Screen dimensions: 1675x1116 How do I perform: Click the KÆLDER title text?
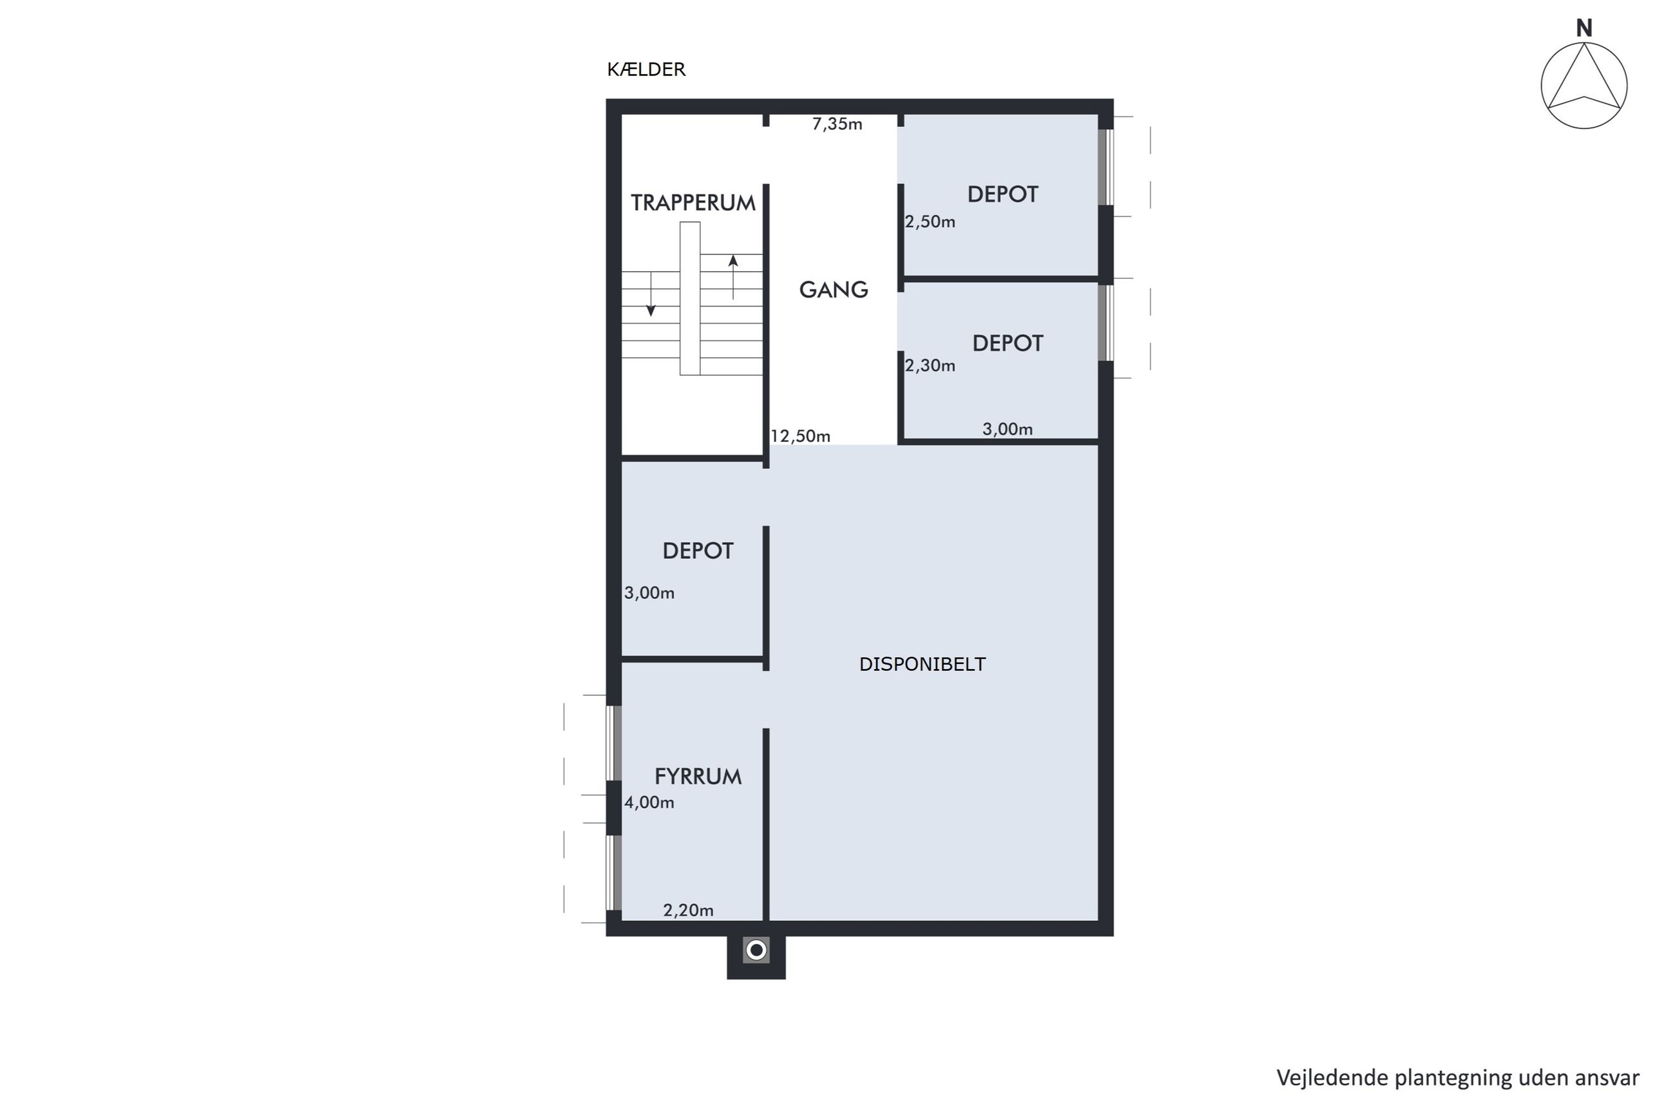coord(646,70)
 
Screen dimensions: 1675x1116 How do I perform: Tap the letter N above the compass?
coord(1583,28)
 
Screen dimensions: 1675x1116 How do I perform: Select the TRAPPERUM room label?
coord(693,203)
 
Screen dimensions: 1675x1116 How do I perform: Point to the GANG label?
coord(833,290)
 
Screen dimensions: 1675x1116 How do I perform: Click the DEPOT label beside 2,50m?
coord(1002,194)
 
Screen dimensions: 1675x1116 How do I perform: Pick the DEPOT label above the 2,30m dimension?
coord(1008,344)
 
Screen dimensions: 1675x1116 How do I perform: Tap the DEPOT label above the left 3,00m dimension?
coord(698,551)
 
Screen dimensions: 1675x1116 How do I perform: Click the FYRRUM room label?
coord(698,777)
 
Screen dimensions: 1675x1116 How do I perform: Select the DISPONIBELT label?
coord(922,664)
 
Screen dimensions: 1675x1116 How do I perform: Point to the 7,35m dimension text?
coord(836,124)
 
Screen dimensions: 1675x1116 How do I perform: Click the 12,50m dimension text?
coord(800,437)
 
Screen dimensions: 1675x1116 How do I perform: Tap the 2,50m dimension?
coord(930,222)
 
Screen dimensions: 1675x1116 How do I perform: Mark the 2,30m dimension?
coord(930,366)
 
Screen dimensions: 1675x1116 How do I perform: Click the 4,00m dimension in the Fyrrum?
coord(649,803)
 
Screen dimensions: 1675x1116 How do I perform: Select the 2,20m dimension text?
coord(687,911)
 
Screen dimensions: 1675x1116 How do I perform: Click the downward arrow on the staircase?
coord(650,294)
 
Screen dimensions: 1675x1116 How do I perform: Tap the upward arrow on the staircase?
coord(732,277)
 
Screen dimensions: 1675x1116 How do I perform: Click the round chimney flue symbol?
coord(756,950)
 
